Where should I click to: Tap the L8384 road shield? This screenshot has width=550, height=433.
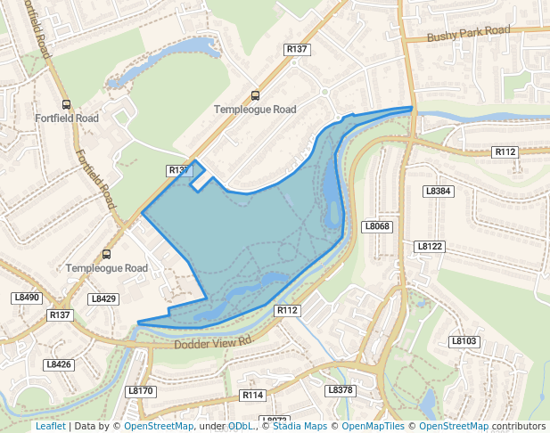(x=439, y=191)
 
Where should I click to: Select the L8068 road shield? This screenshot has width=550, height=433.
(x=377, y=226)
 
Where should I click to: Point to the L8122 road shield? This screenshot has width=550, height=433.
(x=430, y=246)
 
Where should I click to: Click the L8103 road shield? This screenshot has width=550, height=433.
(x=464, y=341)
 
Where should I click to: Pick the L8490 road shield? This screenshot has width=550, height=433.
(x=27, y=298)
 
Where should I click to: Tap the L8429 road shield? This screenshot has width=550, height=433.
(x=103, y=298)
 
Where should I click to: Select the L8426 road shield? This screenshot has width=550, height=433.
(x=58, y=364)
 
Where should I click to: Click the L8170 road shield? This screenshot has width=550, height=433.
(x=141, y=390)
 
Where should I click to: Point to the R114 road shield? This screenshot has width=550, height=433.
(x=253, y=394)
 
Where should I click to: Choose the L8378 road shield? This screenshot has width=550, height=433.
(x=341, y=390)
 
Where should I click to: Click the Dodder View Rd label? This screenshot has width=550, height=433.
(x=215, y=342)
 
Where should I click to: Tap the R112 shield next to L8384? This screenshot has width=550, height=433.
(x=505, y=152)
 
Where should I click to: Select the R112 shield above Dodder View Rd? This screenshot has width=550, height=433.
(x=286, y=310)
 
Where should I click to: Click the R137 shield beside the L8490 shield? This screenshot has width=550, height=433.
(x=60, y=315)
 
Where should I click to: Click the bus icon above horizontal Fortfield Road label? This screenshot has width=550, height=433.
(x=66, y=103)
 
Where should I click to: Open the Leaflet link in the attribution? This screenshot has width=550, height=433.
(x=50, y=427)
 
